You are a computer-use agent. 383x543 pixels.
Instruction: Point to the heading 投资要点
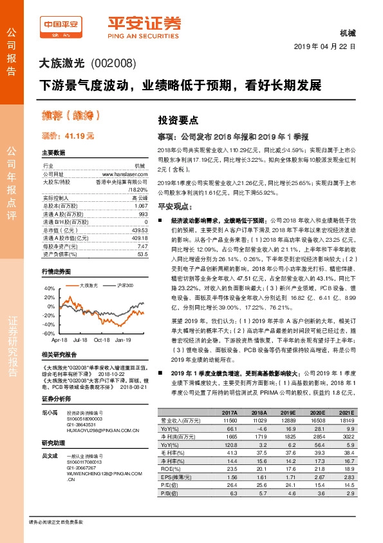pyautogui.click(x=178, y=121)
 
